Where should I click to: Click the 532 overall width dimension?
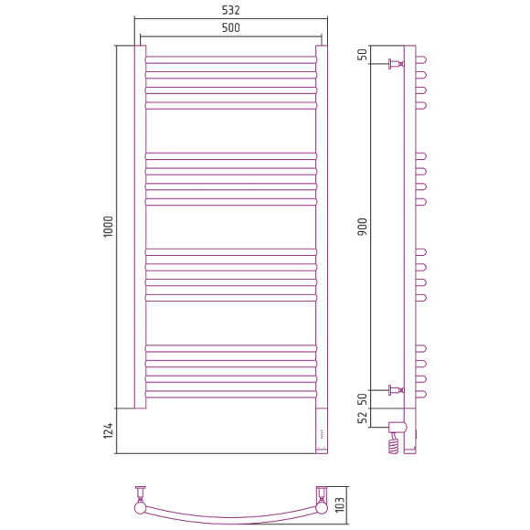231,10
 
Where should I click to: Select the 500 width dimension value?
231,27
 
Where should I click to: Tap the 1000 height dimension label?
108,227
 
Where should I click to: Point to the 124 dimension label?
108,430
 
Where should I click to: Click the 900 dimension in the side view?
362,227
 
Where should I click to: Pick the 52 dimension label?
362,418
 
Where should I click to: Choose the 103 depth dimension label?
339,504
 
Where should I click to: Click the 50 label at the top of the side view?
362,55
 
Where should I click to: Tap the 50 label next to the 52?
362,399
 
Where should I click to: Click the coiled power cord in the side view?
394,444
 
